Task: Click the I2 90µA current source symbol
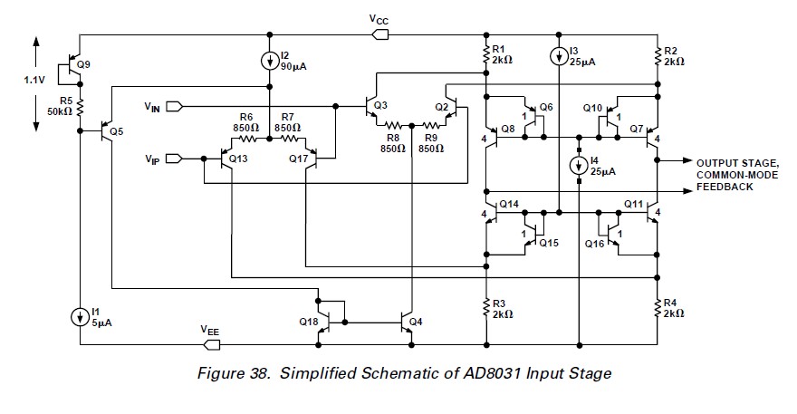coord(270,61)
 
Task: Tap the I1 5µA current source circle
coord(80,317)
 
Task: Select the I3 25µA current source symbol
coord(559,56)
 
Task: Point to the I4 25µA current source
coord(579,165)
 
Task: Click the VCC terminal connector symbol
coord(380,34)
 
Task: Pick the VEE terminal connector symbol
coord(211,345)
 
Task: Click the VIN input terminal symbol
coord(174,107)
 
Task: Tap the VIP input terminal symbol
coord(174,159)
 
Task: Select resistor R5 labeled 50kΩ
coord(80,108)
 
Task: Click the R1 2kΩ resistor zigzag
coord(486,54)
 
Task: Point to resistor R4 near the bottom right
coord(658,308)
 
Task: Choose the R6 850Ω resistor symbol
coord(248,139)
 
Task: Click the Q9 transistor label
coord(83,64)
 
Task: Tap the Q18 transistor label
coord(309,322)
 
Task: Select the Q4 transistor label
coord(416,322)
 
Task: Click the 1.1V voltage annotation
coord(34,80)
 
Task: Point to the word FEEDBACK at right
coord(725,187)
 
